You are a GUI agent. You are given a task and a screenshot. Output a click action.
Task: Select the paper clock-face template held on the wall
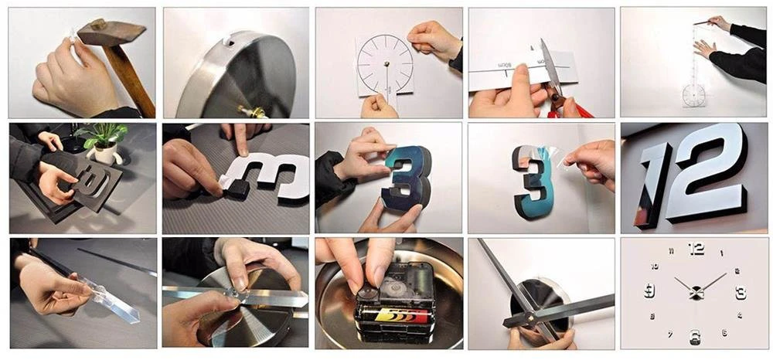[x=385, y=65]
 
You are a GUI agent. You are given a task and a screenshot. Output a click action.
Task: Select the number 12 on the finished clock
[x=696, y=249]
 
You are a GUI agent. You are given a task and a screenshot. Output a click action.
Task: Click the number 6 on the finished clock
[x=696, y=337]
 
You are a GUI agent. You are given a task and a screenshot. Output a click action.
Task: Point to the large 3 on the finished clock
[x=741, y=292]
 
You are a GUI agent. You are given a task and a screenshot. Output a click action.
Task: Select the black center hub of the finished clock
[x=696, y=292]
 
